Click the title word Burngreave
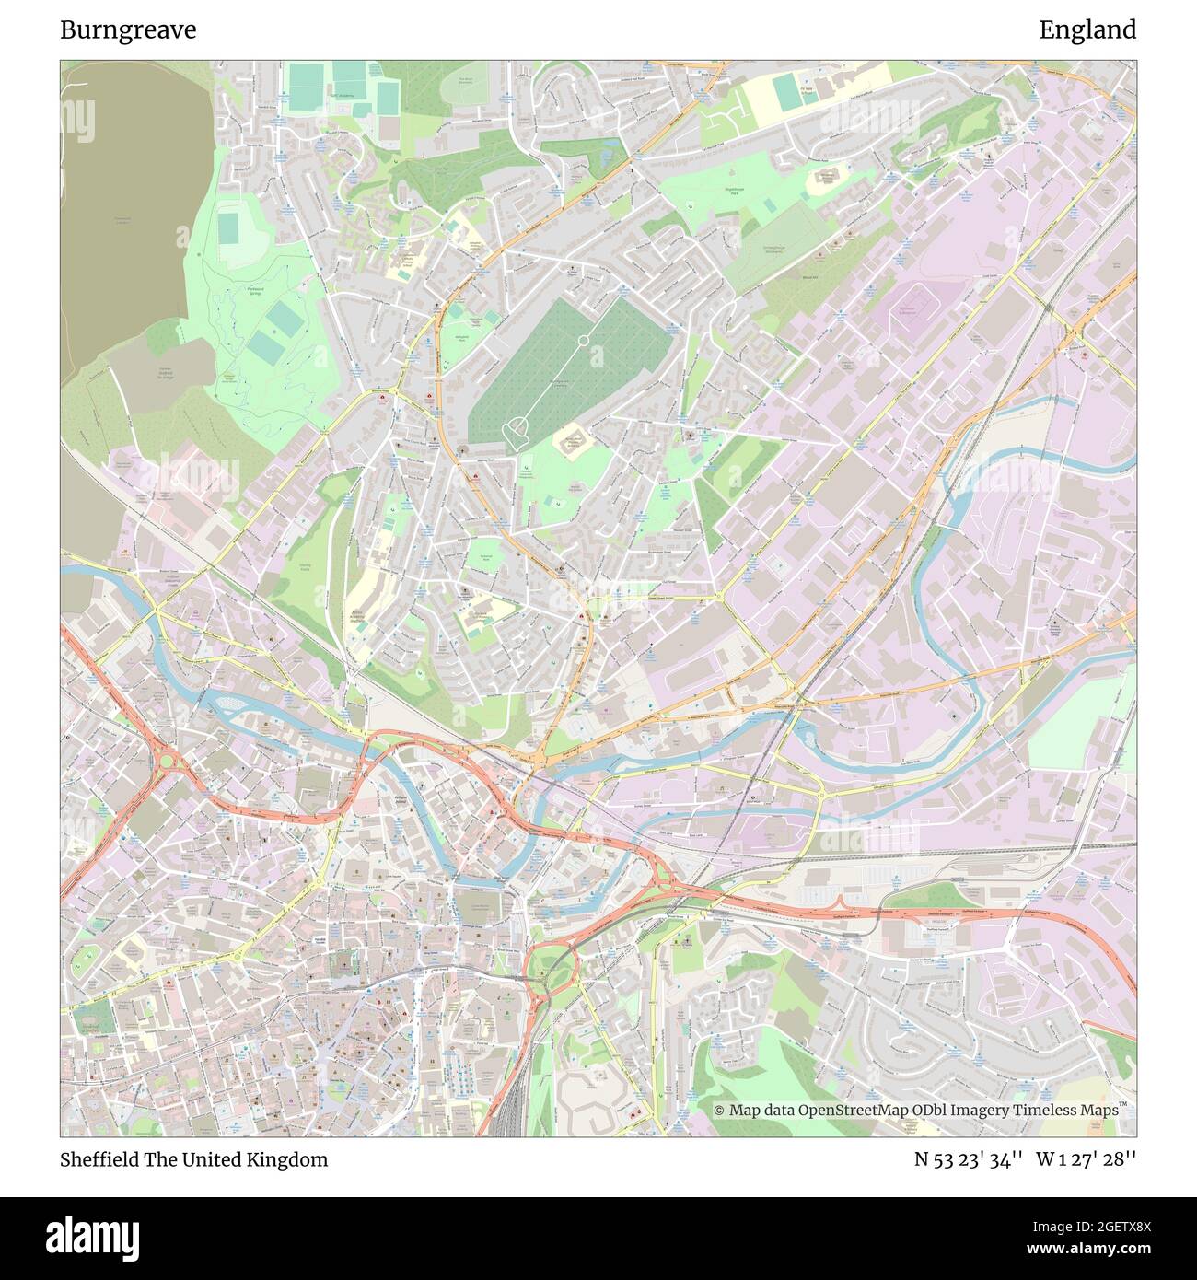point(128,30)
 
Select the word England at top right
point(1087,30)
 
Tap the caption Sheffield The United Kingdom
point(193,1159)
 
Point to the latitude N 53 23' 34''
point(969,1159)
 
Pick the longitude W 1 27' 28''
point(1086,1159)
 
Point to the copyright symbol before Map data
point(719,1111)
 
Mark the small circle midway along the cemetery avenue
point(583,342)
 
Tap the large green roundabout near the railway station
point(550,972)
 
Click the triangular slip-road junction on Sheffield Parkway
point(665,878)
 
